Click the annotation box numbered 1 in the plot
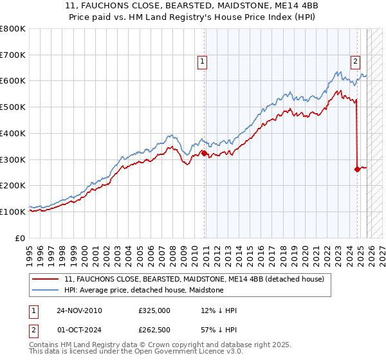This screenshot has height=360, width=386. [202, 62]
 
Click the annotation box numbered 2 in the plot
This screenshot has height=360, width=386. [355, 62]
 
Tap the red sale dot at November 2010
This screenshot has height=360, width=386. [205, 153]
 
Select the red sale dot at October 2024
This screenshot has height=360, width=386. [357, 169]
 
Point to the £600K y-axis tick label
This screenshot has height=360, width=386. [13, 81]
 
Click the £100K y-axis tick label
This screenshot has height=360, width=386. [13, 212]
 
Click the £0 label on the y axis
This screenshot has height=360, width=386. [21, 238]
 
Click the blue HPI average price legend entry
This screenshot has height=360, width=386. [143, 290]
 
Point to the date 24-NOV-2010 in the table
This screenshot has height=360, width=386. [79, 310]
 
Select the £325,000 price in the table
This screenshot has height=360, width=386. [154, 310]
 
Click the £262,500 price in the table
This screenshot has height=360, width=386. [154, 330]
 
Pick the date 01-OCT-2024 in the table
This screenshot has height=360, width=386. [79, 330]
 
